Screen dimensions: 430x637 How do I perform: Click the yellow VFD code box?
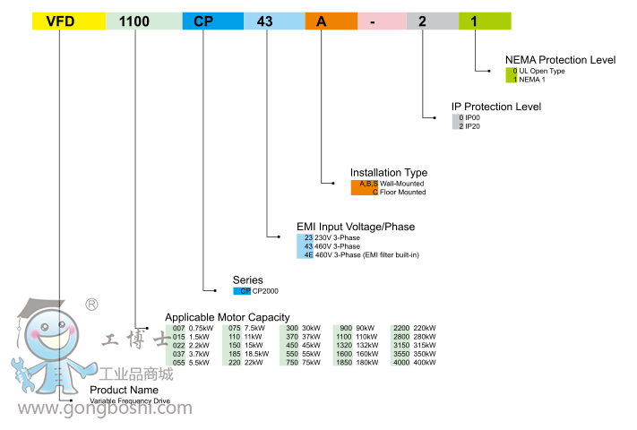coord(67,21)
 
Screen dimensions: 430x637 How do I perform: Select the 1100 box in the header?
coord(142,21)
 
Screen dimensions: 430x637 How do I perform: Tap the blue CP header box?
coord(211,21)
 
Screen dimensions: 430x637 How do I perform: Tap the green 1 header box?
coord(484,21)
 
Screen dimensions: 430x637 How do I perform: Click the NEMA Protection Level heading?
coord(560,60)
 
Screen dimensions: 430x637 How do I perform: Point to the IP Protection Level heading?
coord(496,107)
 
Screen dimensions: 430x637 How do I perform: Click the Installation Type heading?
coord(389,172)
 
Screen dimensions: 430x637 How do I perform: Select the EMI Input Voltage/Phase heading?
coord(356,227)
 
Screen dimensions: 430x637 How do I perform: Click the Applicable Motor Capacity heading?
coord(228,317)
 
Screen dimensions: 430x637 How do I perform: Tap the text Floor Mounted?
coord(402,192)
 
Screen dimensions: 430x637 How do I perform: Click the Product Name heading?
coord(124,390)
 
